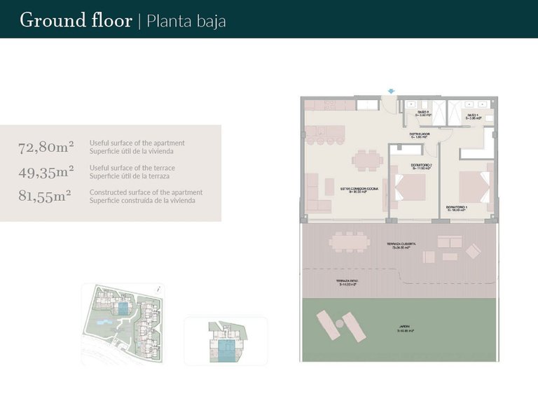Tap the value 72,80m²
tap(46, 147)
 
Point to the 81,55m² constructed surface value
tap(45, 196)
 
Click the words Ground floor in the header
tap(76, 20)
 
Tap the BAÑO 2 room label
tap(422, 113)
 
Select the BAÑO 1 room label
tap(472, 115)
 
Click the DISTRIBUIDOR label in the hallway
tap(420, 134)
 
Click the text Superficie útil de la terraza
tap(132, 176)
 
